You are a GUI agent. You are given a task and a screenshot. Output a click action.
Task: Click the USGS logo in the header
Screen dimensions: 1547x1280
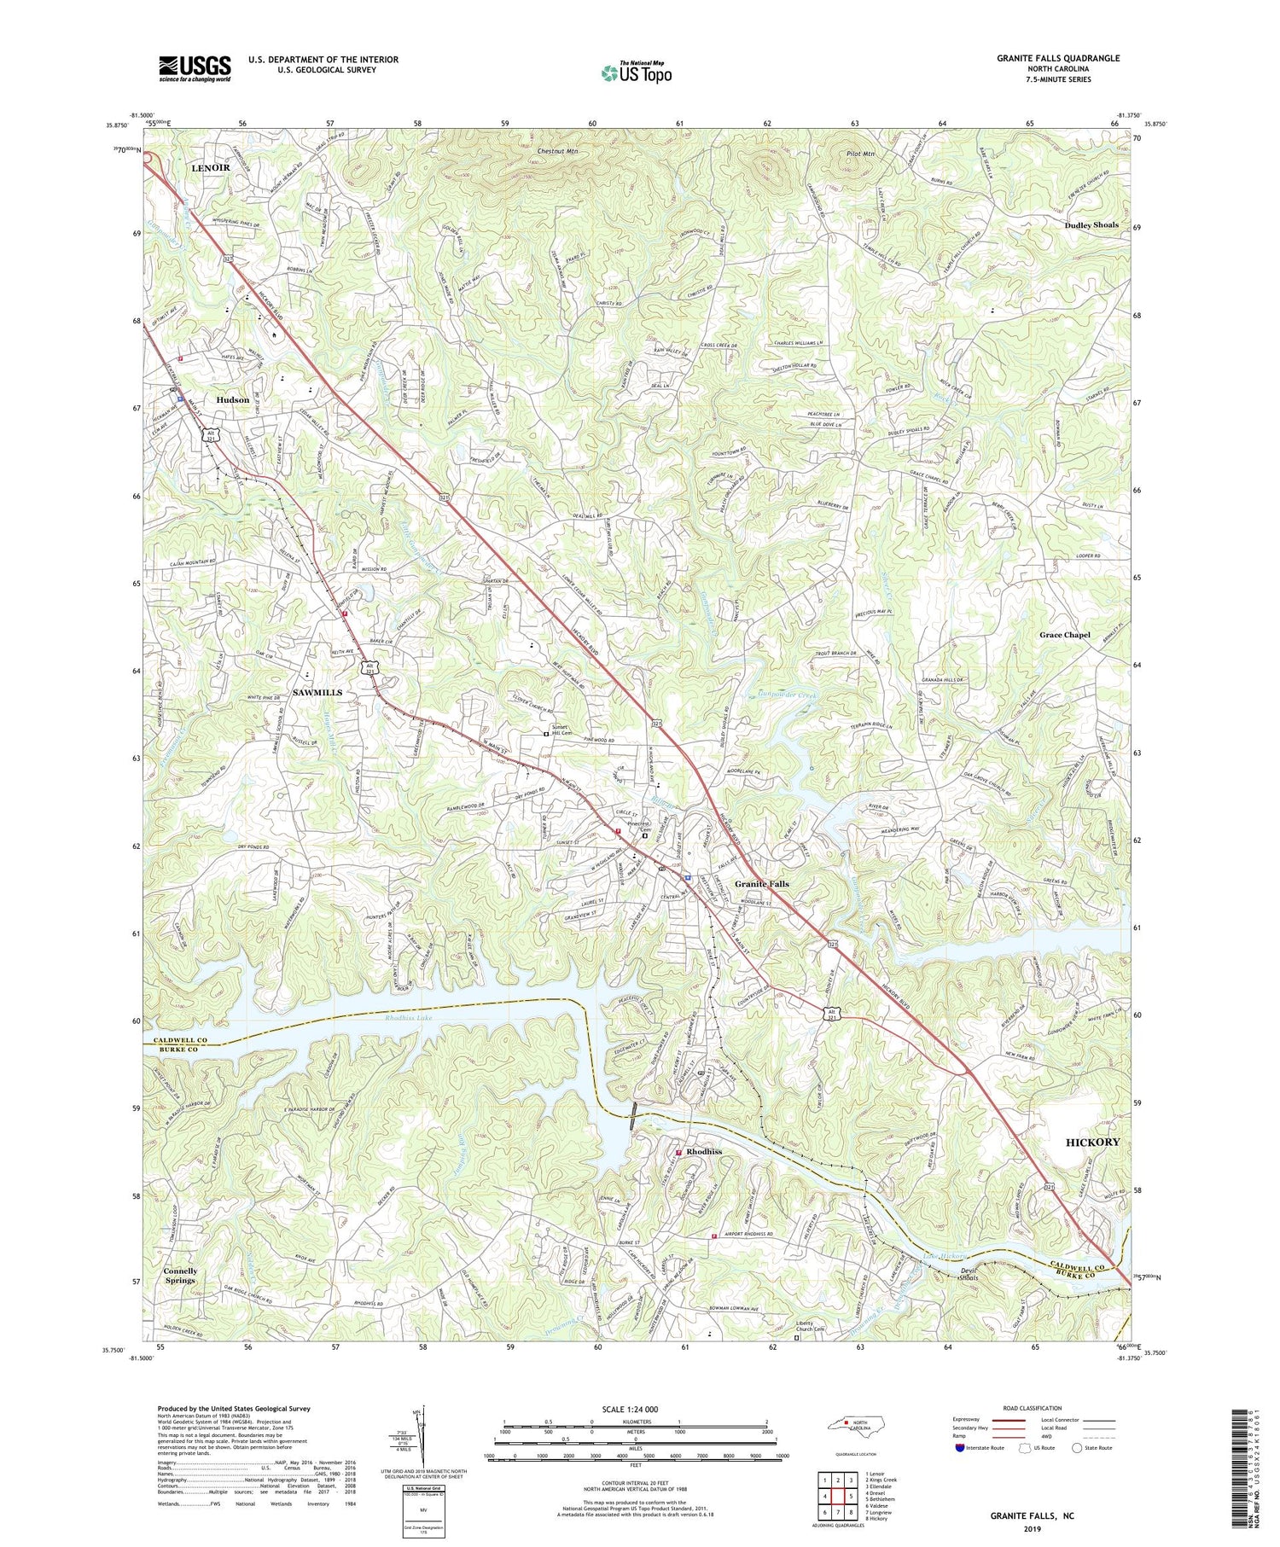point(195,67)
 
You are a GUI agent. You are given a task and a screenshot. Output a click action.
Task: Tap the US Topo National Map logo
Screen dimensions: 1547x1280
point(637,73)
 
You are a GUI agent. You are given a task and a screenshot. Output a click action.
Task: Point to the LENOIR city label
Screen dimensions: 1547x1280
point(210,168)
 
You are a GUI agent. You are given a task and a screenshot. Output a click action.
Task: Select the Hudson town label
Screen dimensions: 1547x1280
point(232,399)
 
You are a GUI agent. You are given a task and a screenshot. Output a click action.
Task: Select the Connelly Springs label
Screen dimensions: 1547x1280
point(180,1276)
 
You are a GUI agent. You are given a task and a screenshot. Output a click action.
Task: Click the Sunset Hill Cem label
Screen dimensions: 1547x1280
point(563,730)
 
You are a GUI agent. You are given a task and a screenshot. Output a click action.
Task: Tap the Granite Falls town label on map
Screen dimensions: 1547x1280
point(762,884)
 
